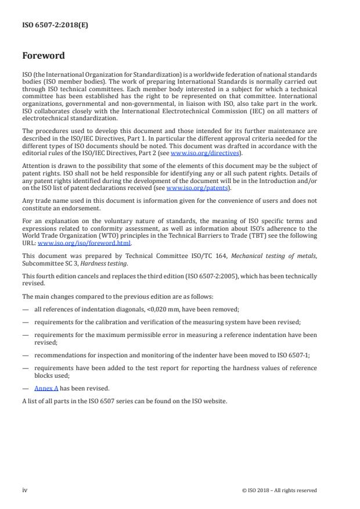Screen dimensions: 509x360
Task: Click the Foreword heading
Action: click(44, 56)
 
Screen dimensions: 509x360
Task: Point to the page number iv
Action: click(25, 490)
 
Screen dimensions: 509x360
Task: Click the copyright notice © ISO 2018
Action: click(279, 490)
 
